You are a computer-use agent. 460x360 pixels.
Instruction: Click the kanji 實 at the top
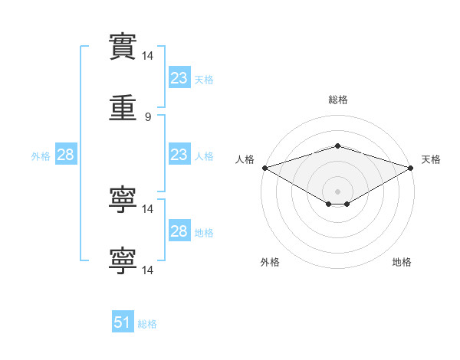pos(123,47)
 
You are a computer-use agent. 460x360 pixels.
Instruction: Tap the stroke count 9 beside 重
pos(148,117)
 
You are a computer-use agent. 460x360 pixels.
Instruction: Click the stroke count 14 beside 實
pos(147,56)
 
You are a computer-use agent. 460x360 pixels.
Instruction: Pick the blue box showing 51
pos(123,321)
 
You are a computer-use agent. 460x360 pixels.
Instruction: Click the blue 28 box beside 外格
pos(66,154)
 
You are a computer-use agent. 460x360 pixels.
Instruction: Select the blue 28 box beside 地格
pos(179,230)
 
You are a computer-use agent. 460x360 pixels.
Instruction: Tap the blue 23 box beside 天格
pos(179,77)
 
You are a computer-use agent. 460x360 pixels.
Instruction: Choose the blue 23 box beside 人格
pos(179,154)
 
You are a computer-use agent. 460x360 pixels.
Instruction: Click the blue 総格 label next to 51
pos(147,324)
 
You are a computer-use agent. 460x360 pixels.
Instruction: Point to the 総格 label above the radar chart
pos(338,100)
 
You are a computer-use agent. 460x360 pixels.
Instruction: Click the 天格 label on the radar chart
pos(431,159)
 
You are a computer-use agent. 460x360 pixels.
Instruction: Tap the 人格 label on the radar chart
pos(245,159)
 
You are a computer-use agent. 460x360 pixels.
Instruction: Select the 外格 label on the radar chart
pos(270,262)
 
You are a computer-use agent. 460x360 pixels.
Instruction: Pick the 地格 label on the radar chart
pos(402,262)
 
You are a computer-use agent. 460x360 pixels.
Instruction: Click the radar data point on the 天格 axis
pos(411,168)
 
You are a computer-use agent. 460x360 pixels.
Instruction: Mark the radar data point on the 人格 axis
pos(265,168)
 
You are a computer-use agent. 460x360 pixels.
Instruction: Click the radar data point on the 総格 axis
pos(337,146)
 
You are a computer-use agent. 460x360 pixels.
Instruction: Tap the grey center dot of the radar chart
pos(337,191)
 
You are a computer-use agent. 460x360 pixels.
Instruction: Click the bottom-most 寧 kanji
pos(123,261)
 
